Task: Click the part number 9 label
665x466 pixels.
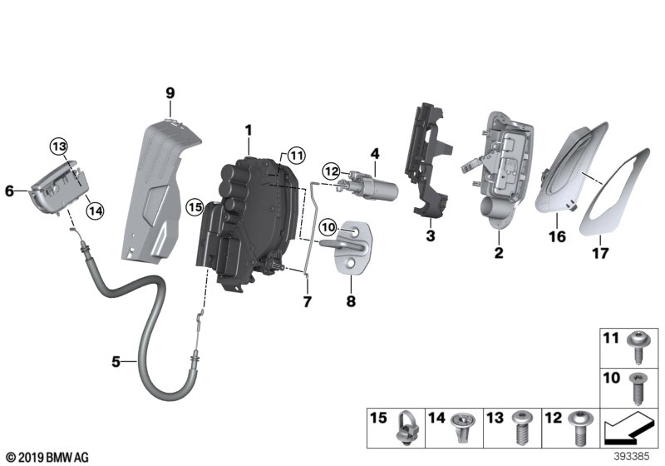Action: coord(170,93)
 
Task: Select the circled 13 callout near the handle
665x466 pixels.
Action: coord(58,146)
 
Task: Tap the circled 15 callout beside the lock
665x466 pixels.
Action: coord(195,206)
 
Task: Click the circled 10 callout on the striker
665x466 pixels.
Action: coord(328,226)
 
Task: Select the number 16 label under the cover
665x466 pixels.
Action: coord(556,237)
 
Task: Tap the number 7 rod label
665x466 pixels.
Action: coord(306,300)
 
